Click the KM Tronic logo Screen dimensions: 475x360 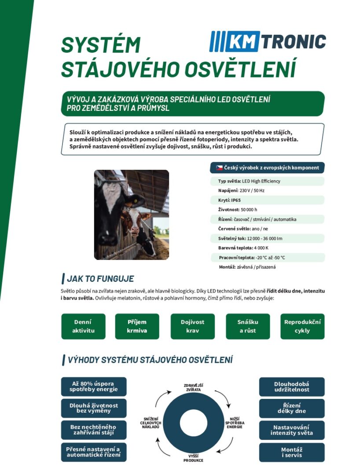click(x=268, y=41)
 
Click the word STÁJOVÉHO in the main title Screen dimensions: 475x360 click(x=118, y=69)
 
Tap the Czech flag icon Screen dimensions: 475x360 click(x=219, y=168)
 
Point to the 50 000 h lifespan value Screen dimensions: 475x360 click(x=249, y=209)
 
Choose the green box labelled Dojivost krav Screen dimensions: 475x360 click(x=192, y=326)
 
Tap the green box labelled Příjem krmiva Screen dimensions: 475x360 click(x=137, y=326)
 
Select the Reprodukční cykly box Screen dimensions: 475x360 click(x=302, y=326)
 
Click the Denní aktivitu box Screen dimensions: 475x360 click(x=83, y=326)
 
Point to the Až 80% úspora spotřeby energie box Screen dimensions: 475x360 click(x=94, y=386)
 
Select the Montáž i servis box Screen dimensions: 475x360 click(x=292, y=452)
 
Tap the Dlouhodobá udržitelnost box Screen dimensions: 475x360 click(x=292, y=386)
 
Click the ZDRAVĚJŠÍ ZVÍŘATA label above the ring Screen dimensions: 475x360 click(x=193, y=387)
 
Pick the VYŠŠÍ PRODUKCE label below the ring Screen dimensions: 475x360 click(x=193, y=458)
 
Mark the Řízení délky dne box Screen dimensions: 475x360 click(x=292, y=408)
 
